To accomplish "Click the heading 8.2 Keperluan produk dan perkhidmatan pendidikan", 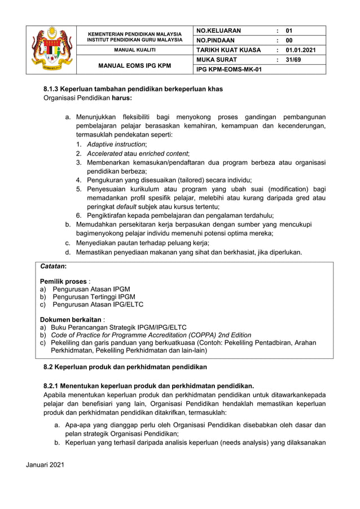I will pyautogui.click(x=125, y=367).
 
